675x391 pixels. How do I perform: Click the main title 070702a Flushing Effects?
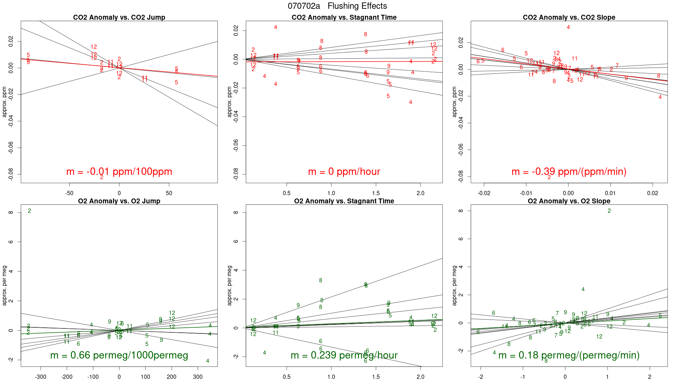coord(337,6)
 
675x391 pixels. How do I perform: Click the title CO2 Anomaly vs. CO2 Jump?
coord(119,17)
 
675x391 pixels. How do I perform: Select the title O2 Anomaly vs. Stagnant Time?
coord(344,201)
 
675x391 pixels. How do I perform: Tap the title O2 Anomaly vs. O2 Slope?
coord(569,201)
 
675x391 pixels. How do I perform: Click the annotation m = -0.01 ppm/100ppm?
coord(119,172)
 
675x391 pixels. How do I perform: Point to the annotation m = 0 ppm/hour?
coord(344,172)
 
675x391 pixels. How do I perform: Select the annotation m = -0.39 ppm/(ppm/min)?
coord(569,172)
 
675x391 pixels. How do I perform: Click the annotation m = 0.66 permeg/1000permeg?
coord(119,355)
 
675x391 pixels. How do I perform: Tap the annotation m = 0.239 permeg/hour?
coord(344,355)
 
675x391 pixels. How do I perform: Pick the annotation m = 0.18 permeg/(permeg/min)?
coord(569,355)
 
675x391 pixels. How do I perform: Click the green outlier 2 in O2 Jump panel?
coord(29,211)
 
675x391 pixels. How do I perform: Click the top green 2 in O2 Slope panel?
coord(609,211)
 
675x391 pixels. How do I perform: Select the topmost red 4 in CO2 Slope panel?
coord(568,27)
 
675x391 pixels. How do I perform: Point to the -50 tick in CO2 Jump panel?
coord(69,193)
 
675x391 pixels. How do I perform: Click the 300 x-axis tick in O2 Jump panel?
coord(198,377)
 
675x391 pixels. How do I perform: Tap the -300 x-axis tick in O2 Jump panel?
coord(40,377)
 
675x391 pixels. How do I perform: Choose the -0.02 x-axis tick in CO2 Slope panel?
coord(484,193)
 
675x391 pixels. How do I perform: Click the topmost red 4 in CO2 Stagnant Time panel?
coord(276,27)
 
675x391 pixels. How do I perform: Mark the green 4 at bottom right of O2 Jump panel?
coord(207,361)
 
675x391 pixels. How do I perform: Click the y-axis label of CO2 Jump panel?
coord(5,102)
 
